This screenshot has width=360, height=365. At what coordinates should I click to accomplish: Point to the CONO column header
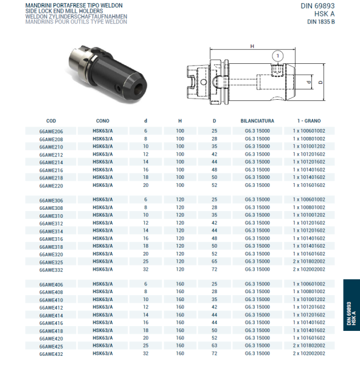103,121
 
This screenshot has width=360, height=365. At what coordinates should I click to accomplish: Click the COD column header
51,121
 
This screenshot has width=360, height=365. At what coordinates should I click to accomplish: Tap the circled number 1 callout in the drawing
278,55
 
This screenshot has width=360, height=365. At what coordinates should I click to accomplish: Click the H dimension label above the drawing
252,46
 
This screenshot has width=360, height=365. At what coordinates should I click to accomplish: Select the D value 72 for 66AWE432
214,353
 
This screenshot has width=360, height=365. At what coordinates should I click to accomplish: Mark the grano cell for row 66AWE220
309,185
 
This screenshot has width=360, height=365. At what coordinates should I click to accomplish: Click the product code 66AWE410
51,300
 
